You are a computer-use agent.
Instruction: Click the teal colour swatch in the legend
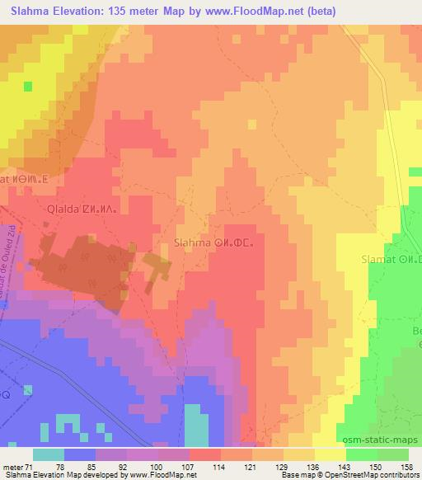pyautogui.click(x=48, y=454)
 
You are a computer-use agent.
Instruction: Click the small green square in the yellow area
pyautogui.click(x=28, y=86)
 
